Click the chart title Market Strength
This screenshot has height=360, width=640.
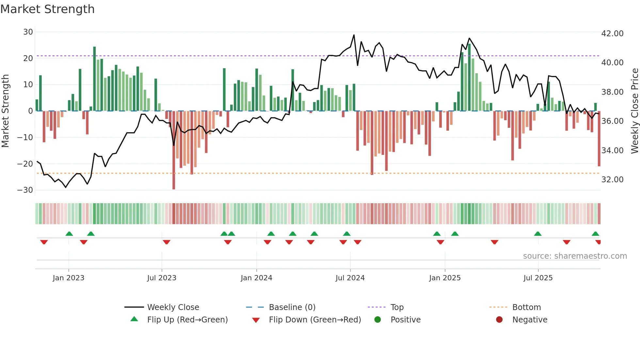click(47, 9)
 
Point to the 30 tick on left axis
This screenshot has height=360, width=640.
click(28, 32)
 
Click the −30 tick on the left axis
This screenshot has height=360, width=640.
click(25, 190)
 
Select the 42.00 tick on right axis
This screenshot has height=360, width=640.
click(612, 34)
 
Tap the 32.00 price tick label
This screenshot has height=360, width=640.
click(612, 180)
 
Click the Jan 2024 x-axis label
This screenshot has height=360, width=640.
click(256, 278)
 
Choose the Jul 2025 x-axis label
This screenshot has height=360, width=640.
click(538, 278)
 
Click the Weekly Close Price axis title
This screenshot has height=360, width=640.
click(634, 111)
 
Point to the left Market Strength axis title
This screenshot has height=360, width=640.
click(5, 111)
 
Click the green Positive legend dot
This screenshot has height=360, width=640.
click(378, 320)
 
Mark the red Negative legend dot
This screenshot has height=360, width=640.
click(499, 320)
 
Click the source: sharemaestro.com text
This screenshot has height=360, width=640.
click(575, 256)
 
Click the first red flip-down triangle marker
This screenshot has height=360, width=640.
click(44, 242)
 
